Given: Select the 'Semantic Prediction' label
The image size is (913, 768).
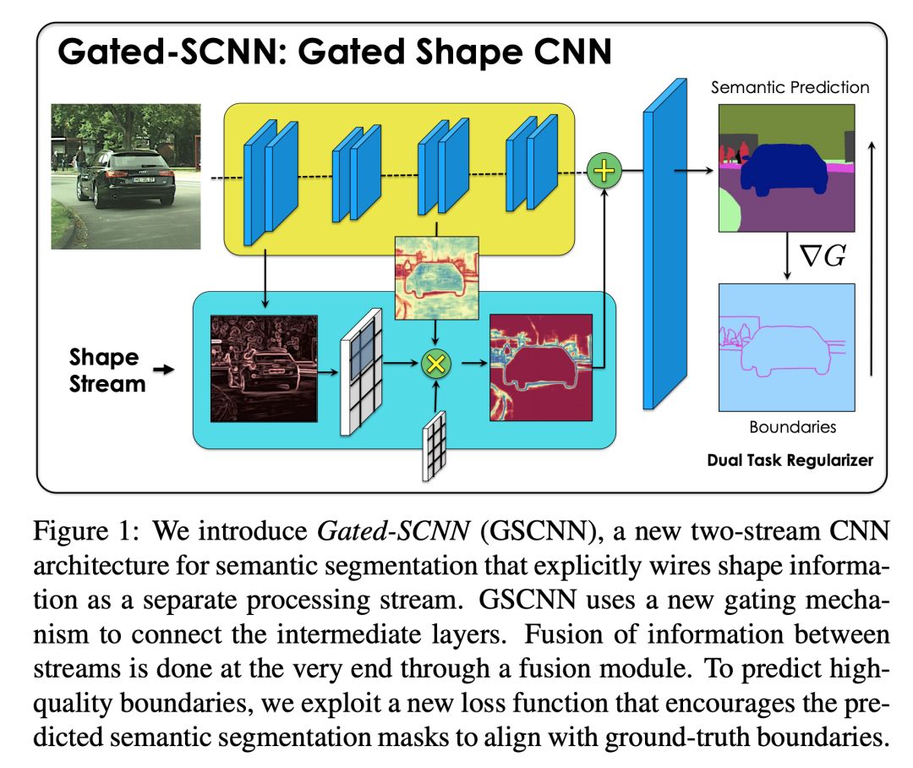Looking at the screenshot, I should (790, 87).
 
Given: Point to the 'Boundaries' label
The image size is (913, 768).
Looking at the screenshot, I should (792, 427).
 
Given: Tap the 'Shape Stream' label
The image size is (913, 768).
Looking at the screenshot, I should (104, 370).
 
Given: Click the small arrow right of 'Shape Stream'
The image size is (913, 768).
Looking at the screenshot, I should (167, 370).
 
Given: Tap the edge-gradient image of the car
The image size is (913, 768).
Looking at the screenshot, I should (263, 367).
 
